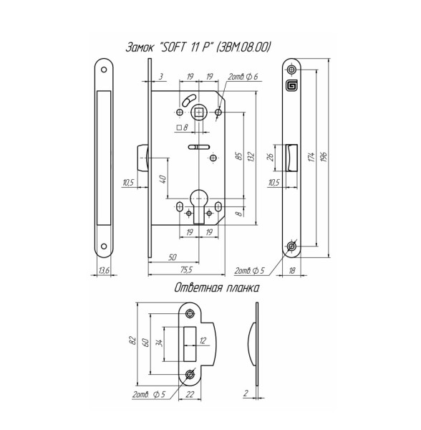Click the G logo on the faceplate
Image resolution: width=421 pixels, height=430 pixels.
pos(291,85)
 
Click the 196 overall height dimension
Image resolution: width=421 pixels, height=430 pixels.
pos(324,156)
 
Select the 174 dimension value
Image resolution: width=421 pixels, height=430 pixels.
pos(311,156)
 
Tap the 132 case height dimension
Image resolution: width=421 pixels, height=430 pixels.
pos(251,156)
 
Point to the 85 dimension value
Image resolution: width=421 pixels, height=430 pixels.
pos(239,156)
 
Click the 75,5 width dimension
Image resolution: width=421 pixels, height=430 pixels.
pos(186,270)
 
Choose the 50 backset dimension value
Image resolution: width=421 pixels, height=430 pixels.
pos(173,257)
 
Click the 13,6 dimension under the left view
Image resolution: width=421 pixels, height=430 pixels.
pos(104,271)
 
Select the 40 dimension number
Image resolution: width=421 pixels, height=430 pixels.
pos(163,179)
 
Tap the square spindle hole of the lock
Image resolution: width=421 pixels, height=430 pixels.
pos(198,113)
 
